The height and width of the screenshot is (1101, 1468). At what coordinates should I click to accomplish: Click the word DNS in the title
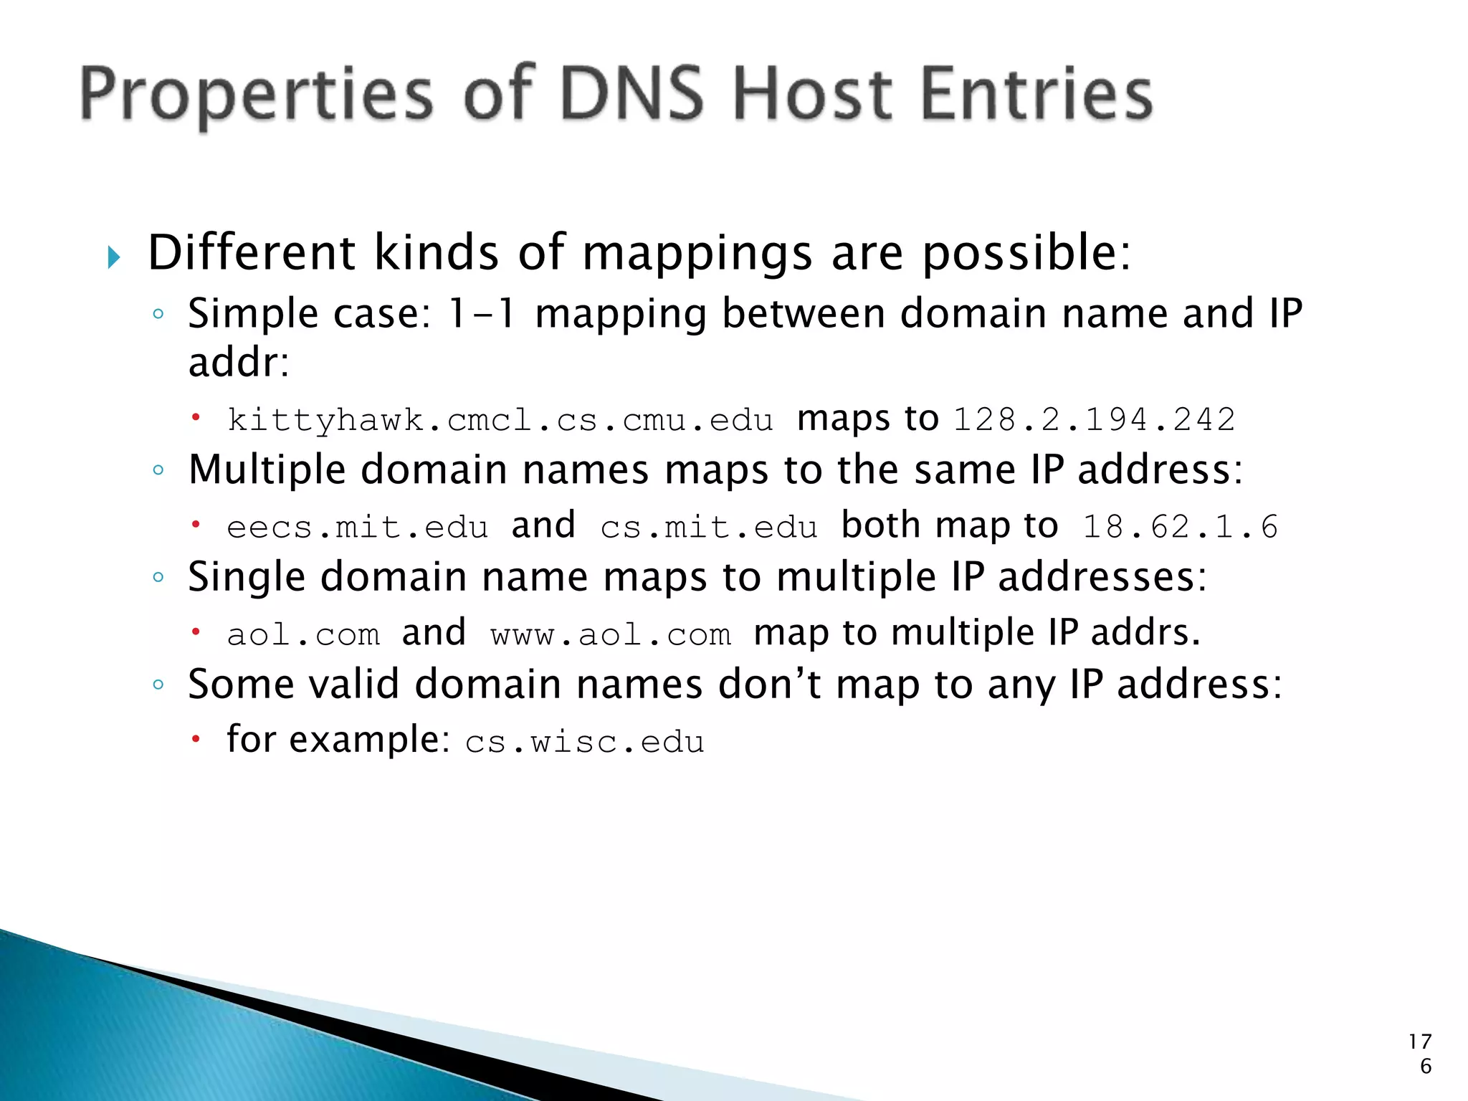(x=631, y=94)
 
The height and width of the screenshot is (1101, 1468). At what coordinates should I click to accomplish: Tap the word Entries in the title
(x=1036, y=94)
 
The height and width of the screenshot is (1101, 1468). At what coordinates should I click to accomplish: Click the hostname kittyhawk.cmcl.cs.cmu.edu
(x=500, y=420)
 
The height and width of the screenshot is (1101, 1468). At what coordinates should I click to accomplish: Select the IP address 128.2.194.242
(x=1095, y=420)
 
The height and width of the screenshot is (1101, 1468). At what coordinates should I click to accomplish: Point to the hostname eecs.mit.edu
(x=358, y=528)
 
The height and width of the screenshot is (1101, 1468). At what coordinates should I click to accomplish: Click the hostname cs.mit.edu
(x=709, y=528)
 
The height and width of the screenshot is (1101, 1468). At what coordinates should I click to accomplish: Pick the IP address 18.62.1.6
(x=1180, y=528)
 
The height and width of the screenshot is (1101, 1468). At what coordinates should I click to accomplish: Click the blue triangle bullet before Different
(x=114, y=257)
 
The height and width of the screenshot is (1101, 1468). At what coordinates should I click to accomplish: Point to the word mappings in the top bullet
(x=697, y=254)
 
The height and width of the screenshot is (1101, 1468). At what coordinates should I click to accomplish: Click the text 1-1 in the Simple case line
(x=480, y=314)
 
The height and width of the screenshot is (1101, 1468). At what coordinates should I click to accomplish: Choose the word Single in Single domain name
(x=247, y=578)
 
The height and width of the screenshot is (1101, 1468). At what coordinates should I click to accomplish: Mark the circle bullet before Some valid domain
(x=158, y=684)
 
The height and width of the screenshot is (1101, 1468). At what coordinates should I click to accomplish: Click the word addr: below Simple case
(x=238, y=363)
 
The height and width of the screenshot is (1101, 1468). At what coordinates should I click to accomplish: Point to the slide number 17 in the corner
(x=1420, y=1042)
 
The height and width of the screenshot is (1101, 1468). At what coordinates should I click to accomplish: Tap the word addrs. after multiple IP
(x=1145, y=634)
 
